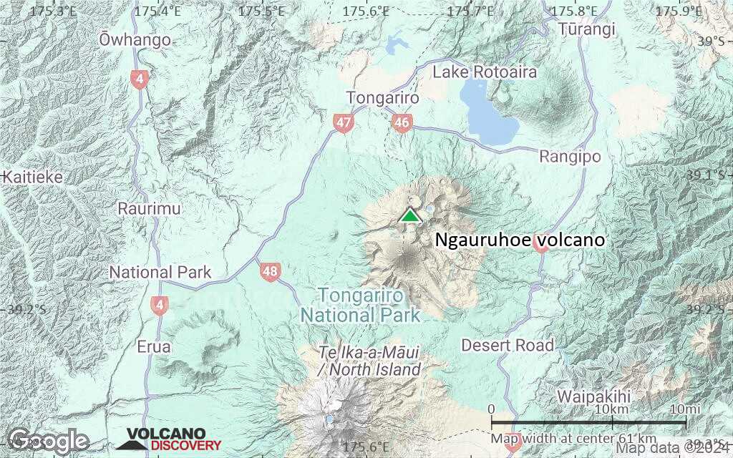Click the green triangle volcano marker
[x=409, y=215]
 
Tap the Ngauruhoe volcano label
[x=520, y=240]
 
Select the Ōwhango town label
[x=135, y=39]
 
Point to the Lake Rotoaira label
[x=485, y=72]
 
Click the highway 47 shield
[x=344, y=123]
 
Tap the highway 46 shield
[x=401, y=123]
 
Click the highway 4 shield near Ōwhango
[x=139, y=79]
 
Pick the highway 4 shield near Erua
[x=159, y=306]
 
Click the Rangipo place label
[x=570, y=156]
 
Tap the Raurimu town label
[x=150, y=209]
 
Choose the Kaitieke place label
[x=33, y=177]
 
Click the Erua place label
[x=153, y=347]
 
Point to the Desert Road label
[x=508, y=346]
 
